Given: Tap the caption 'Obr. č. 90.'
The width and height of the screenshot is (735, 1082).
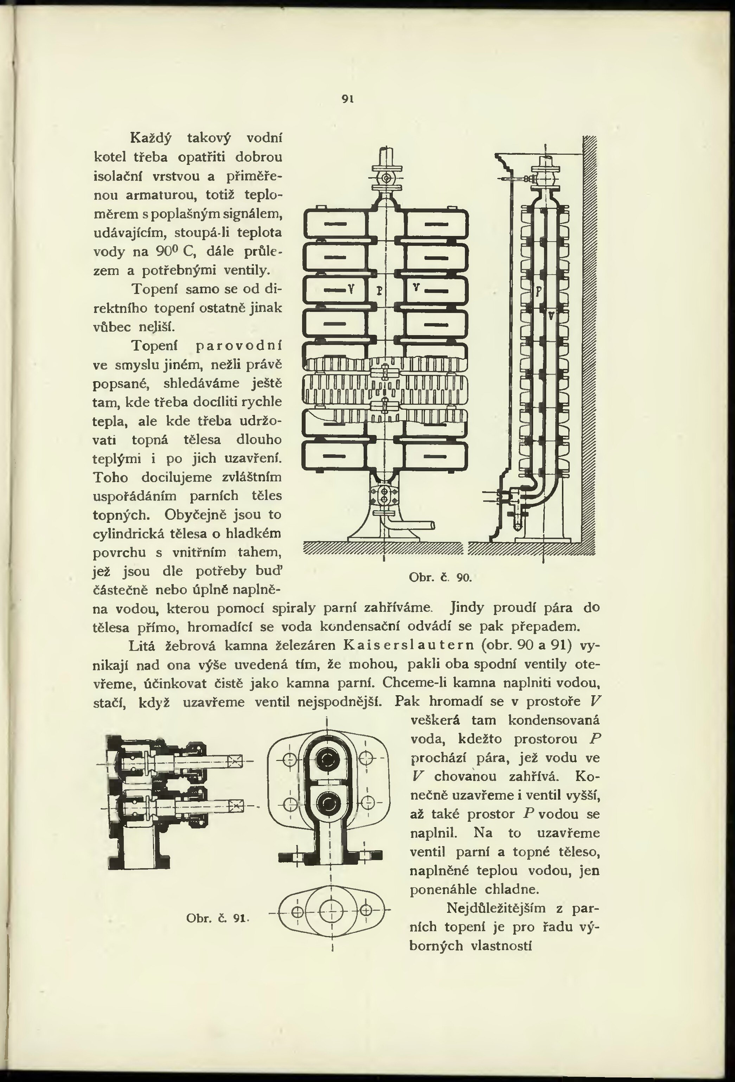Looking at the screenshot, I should click(x=440, y=578).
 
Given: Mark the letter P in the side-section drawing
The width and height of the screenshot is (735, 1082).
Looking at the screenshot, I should click(x=538, y=291).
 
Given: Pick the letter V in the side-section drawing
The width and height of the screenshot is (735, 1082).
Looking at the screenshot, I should click(x=551, y=316).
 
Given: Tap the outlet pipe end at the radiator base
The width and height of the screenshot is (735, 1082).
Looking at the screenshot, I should click(x=432, y=525).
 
